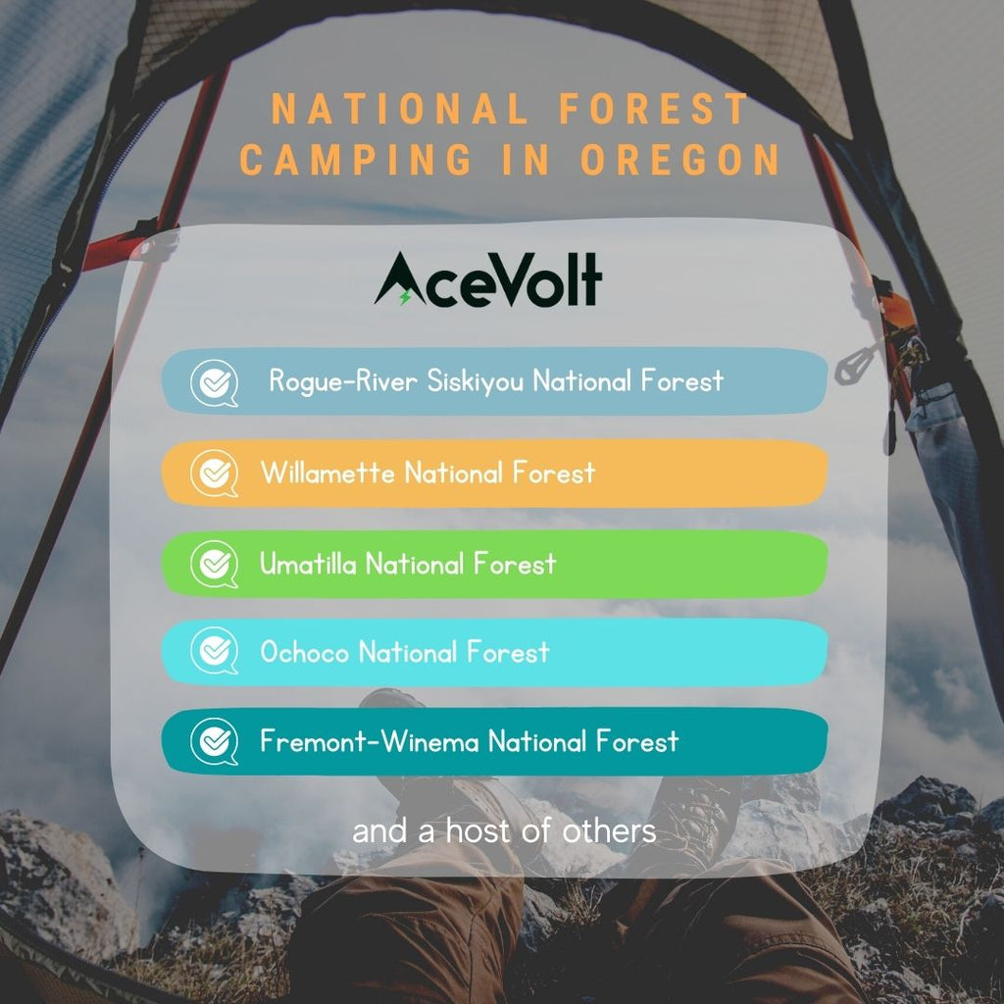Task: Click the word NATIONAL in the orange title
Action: pos(400,109)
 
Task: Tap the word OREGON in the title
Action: pos(680,160)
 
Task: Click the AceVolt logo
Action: pos(488,279)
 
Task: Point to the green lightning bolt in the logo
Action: pos(405,296)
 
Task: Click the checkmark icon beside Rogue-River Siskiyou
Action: pos(215,383)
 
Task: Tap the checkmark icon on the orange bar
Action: pos(215,474)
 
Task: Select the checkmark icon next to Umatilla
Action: pos(215,564)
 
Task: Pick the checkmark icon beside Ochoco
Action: pos(215,651)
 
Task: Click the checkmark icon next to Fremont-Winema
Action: pos(215,741)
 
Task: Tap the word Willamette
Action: pos(327,474)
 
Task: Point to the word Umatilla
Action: pos(308,564)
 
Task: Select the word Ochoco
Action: pos(305,652)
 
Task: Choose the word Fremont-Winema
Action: pos(370,741)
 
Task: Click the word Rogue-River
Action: pos(343,381)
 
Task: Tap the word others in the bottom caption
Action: pos(609,831)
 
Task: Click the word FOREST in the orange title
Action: pos(654,109)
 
